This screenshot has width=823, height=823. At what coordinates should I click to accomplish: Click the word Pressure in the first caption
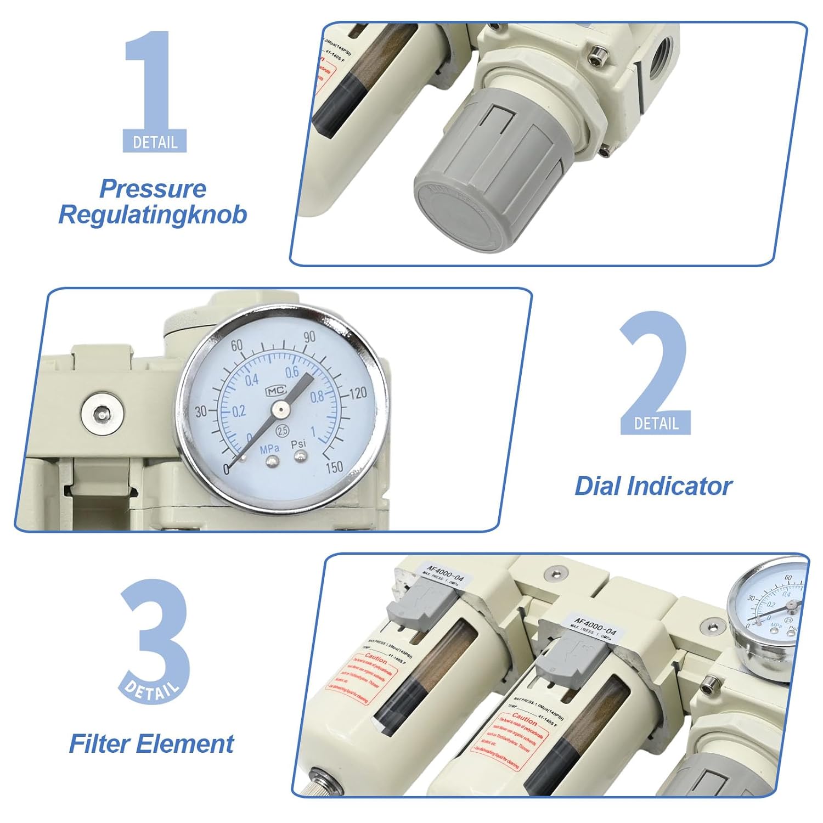pyautogui.click(x=153, y=189)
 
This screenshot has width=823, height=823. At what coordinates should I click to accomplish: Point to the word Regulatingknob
pyautogui.click(x=153, y=215)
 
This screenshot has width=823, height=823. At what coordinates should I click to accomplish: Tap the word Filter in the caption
pyautogui.click(x=99, y=744)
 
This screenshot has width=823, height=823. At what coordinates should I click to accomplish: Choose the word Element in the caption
pyautogui.click(x=185, y=744)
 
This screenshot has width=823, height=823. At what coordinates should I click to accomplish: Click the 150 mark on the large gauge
pyautogui.click(x=334, y=467)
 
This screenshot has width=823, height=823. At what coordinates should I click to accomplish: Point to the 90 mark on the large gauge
pyautogui.click(x=309, y=337)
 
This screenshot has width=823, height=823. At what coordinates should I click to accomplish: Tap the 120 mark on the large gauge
pyautogui.click(x=358, y=393)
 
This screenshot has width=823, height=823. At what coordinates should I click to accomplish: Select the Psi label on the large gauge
pyautogui.click(x=298, y=444)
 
